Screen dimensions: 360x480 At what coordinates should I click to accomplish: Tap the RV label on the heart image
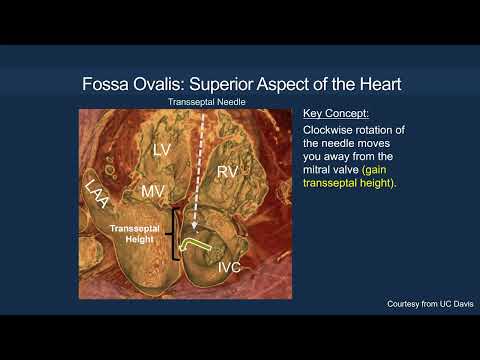coord(228,172)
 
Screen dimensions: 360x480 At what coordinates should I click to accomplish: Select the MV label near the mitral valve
coord(152,190)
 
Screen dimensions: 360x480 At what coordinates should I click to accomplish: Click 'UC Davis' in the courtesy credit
coord(446,303)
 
